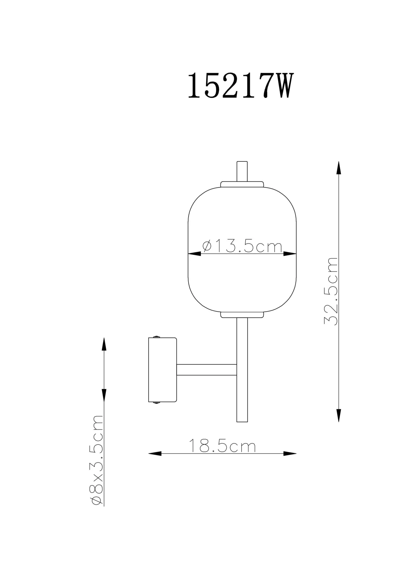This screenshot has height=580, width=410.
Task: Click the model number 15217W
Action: point(241,86)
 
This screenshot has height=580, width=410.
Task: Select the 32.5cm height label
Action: point(331,291)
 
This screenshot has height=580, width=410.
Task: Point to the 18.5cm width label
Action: point(223,446)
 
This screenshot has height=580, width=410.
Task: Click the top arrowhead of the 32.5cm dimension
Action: point(339,168)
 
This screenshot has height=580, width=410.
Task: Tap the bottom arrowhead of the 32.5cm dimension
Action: point(339,415)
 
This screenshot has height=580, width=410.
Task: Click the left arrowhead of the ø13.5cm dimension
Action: point(194,254)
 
